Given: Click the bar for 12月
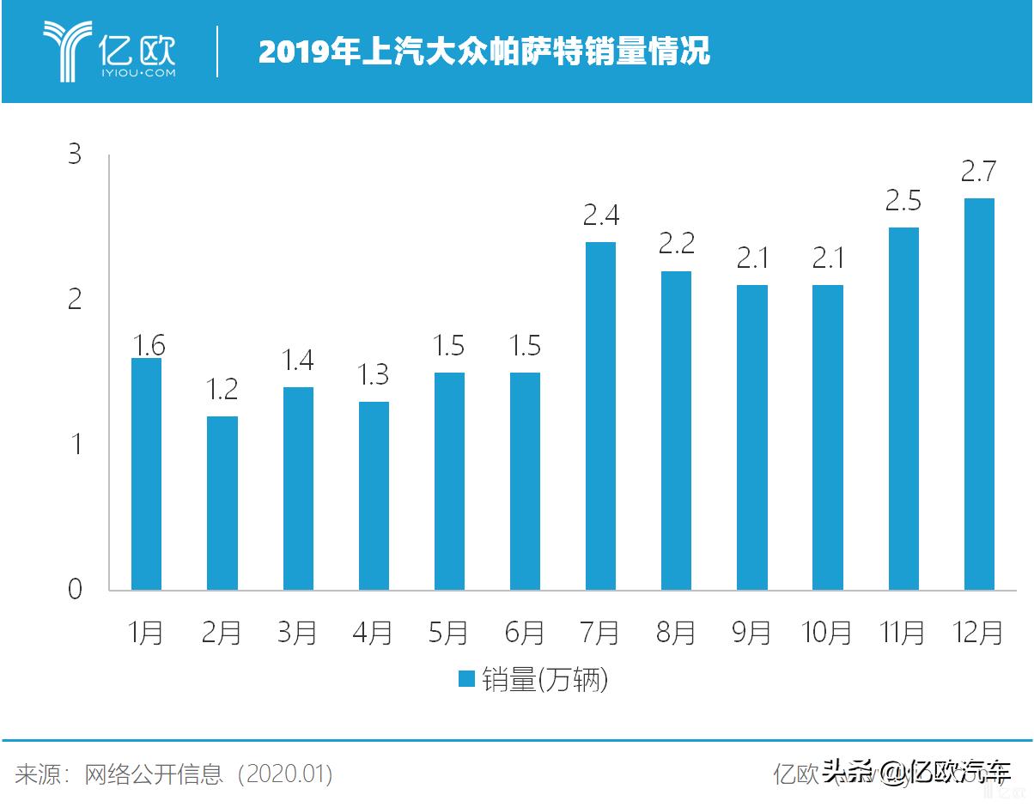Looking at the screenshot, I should pos(978,394).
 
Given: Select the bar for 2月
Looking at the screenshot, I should pos(222,503).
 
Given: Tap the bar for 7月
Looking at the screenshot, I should pos(600,416).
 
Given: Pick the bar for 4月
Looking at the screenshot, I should pos(374,496).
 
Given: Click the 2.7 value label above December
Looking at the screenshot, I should pos(978,172).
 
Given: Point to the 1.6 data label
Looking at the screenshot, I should pos(148,345).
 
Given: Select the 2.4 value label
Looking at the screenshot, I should pos(600,215).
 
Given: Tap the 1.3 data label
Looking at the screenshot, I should pos(374,374).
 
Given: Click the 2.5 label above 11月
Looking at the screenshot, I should pos(903,201).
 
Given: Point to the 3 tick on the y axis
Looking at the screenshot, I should pos(76,155).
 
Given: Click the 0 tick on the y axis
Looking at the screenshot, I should pos(76,590).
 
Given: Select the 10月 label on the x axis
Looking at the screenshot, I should pos(826,633).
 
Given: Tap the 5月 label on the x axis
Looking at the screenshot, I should pos(448,633).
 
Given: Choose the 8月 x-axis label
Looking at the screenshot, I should pos(675,633).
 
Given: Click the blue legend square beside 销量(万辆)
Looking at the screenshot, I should pos(467,680).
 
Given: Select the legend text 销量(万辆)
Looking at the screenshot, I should pos(544,680).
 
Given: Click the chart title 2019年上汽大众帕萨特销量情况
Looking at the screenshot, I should pos(484,52).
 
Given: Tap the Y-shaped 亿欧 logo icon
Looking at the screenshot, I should pos(68,52).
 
